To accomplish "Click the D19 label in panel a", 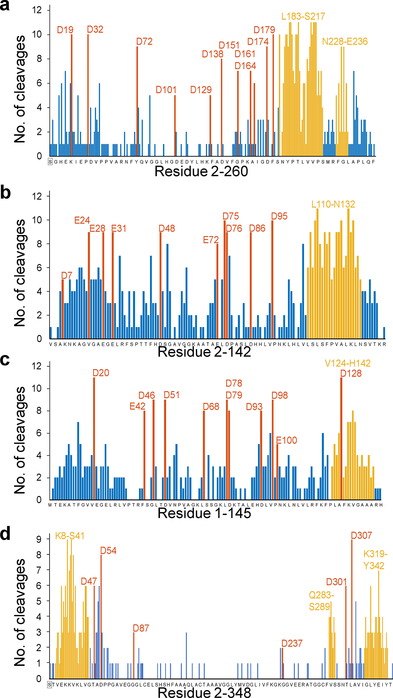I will [x=65, y=30].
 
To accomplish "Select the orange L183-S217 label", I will [x=303, y=16].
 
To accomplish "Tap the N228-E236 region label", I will [x=345, y=42].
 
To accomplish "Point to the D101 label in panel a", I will [x=166, y=90].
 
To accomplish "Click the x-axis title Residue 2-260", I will [x=201, y=172].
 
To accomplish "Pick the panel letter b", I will [x=5, y=193].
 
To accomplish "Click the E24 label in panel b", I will [x=82, y=220].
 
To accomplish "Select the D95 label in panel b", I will [x=279, y=216].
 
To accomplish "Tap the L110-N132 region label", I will [x=333, y=204].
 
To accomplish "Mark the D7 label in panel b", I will [x=66, y=275].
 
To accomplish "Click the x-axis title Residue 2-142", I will [x=204, y=352].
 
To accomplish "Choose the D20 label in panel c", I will [x=101, y=373].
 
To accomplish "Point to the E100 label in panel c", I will [x=286, y=440].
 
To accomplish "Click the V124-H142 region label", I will [x=347, y=363].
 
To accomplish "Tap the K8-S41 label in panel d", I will [x=69, y=536].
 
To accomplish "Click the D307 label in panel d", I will [x=361, y=535].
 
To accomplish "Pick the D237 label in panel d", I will [x=292, y=643].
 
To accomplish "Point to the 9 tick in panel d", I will [x=39, y=539].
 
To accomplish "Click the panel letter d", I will [x=5, y=534].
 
